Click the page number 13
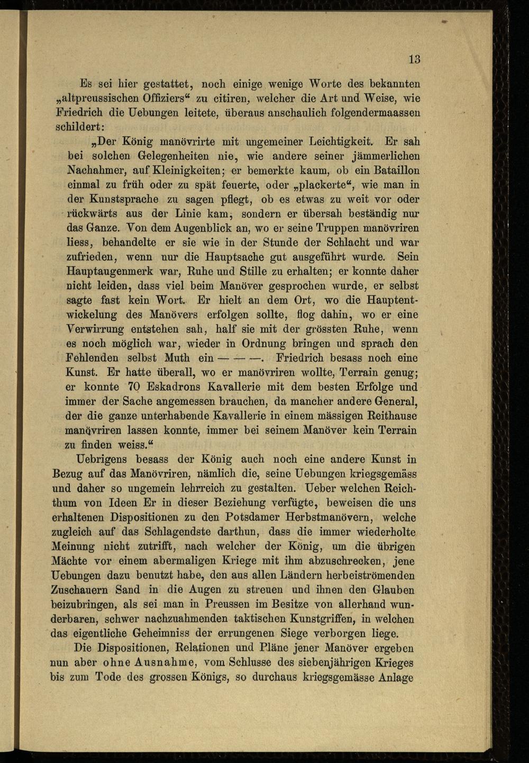point(414,59)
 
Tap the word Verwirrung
point(95,329)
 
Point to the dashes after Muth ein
point(241,358)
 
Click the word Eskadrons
point(172,387)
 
